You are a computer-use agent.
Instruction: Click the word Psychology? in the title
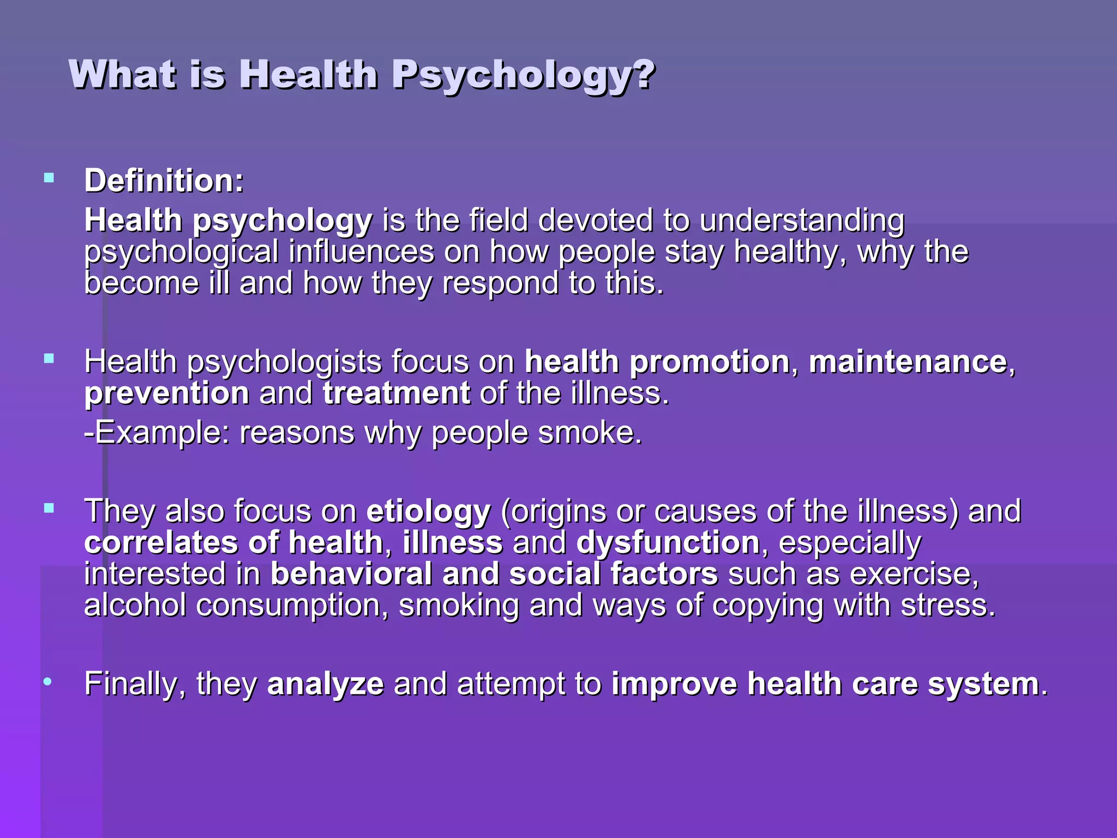tap(523, 75)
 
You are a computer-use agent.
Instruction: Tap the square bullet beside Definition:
tap(49, 177)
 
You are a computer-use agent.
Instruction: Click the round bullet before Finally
tap(49, 681)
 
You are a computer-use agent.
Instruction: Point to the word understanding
tap(802, 221)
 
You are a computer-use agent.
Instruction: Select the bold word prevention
tap(167, 393)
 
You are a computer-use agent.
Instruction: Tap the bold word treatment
tap(397, 393)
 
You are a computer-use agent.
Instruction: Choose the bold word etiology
tap(428, 511)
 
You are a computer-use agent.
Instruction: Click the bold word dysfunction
tap(668, 543)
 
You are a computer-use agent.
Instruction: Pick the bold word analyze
tap(325, 684)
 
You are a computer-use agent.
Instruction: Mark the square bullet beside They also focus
tap(49, 508)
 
